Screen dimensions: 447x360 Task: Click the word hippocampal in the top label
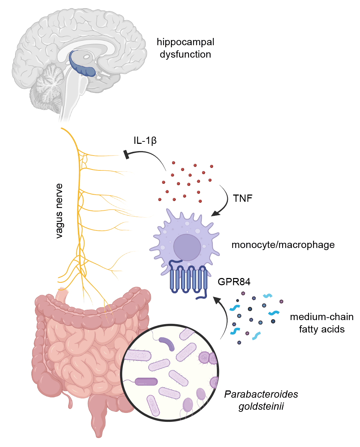click(x=185, y=42)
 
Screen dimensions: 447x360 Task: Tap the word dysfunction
click(x=185, y=54)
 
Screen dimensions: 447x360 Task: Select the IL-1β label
click(x=145, y=140)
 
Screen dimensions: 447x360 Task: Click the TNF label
click(x=242, y=198)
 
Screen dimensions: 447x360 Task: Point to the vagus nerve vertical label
click(x=59, y=211)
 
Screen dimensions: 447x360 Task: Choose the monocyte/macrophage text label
click(x=283, y=245)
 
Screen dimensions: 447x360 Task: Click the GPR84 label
click(x=234, y=282)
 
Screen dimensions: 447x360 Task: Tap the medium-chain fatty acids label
click(x=321, y=323)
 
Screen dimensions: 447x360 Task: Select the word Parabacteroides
click(x=261, y=394)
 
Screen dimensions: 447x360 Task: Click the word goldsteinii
click(x=261, y=406)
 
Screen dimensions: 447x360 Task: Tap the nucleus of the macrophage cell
click(x=187, y=247)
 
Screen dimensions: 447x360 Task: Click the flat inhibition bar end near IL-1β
click(x=126, y=155)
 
